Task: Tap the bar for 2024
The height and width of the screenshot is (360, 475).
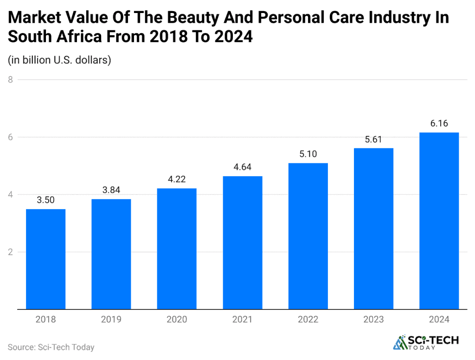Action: point(439,221)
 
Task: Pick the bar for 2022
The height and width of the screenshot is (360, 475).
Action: point(308,236)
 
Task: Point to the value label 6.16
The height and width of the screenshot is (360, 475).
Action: point(439,124)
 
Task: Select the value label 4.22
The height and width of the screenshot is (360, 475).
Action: point(177,180)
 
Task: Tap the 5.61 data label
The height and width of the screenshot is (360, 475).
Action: point(373,140)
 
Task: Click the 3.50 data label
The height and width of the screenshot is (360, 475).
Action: point(45,200)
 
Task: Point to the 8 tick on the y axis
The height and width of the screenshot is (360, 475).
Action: point(10,80)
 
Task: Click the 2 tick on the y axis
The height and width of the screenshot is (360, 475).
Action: point(10,252)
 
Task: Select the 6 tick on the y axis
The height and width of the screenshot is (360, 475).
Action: point(10,137)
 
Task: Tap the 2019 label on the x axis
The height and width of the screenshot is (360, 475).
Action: point(111,320)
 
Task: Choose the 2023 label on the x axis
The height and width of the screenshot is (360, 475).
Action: point(373,320)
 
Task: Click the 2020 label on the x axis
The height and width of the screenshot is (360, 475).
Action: point(177,320)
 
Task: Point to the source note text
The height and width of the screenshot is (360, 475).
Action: point(51,347)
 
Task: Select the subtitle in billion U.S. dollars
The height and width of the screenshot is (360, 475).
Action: point(59,60)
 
